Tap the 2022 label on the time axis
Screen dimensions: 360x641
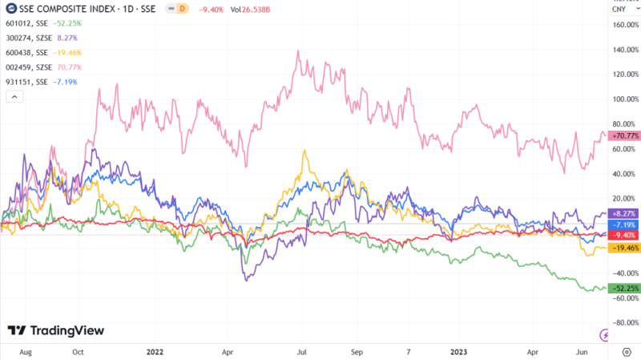[157, 351]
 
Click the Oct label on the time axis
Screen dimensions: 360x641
[79, 351]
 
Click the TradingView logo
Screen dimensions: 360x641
[56, 330]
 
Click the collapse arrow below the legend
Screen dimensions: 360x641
[14, 96]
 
